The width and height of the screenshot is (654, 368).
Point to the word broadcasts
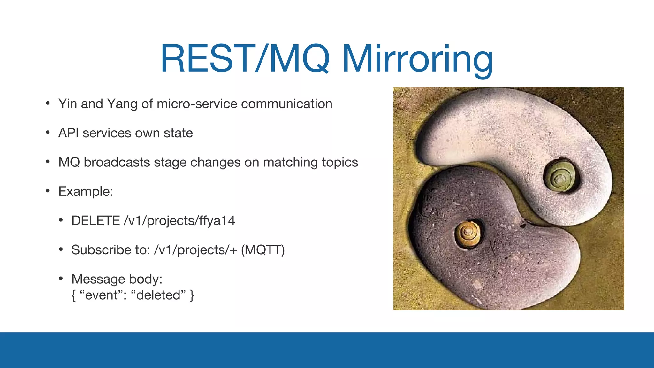click(117, 162)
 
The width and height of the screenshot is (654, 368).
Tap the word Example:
click(86, 192)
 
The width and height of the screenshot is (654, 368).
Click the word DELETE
click(95, 221)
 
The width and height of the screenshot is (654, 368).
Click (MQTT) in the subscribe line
click(262, 250)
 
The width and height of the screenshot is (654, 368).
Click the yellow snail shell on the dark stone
click(468, 234)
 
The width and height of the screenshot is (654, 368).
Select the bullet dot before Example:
click(48, 191)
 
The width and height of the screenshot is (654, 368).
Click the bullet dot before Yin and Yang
click(48, 103)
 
